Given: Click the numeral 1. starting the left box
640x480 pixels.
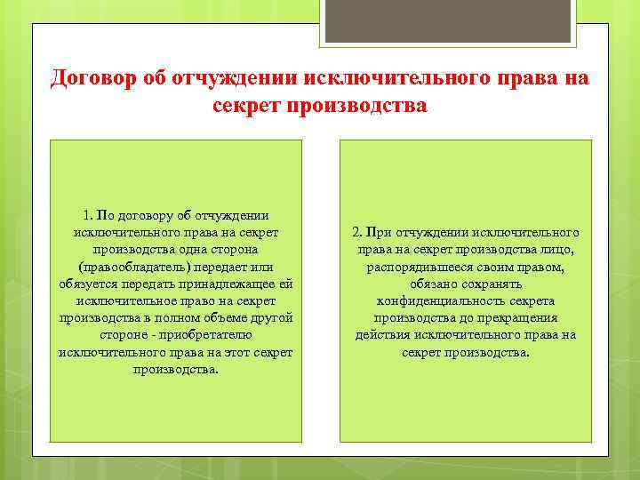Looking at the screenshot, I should tap(87, 215).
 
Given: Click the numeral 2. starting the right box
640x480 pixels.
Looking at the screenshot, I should tap(356, 232).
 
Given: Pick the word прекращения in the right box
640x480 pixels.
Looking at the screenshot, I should tap(522, 317).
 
